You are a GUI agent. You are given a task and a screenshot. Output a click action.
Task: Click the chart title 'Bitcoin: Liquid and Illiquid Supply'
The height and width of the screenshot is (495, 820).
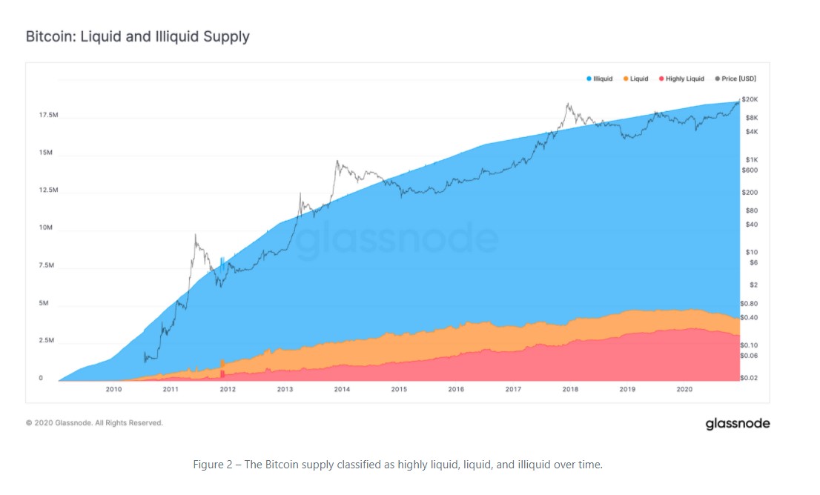pyautogui.click(x=137, y=36)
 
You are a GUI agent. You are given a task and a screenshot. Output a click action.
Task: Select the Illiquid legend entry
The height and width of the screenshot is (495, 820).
pyautogui.click(x=600, y=79)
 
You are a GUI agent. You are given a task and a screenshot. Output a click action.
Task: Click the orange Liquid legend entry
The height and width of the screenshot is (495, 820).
pyautogui.click(x=635, y=79)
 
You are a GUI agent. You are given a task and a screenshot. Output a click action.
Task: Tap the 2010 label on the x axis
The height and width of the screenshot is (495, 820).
pyautogui.click(x=113, y=389)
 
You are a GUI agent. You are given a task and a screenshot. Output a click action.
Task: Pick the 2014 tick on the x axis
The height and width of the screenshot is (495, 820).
pyautogui.click(x=342, y=389)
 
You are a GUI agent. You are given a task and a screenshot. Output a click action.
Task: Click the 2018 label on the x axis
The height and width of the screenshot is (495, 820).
pyautogui.click(x=570, y=389)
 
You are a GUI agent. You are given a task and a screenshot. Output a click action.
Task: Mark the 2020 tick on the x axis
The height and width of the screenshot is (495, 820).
pyautogui.click(x=684, y=389)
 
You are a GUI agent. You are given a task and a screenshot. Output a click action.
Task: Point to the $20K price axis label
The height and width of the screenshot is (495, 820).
pyautogui.click(x=749, y=99)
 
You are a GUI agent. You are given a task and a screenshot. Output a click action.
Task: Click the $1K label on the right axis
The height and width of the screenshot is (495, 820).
pyautogui.click(x=750, y=160)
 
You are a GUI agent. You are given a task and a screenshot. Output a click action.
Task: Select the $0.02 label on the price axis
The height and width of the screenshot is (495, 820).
pyautogui.click(x=749, y=378)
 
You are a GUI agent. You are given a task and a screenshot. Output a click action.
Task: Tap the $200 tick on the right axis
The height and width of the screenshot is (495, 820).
pyautogui.click(x=750, y=193)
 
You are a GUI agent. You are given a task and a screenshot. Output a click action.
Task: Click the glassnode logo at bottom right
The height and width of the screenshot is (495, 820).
pyautogui.click(x=737, y=424)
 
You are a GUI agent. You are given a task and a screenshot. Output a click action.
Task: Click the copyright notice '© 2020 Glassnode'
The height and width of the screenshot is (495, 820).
pyautogui.click(x=94, y=423)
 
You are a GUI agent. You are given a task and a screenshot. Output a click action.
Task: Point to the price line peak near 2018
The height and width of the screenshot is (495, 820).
pyautogui.click(x=567, y=104)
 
